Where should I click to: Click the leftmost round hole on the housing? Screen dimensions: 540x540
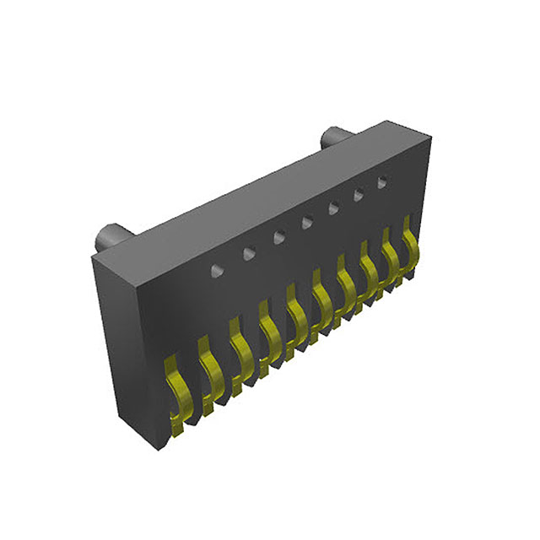pos(217,269)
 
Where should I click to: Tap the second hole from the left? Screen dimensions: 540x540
pos(248,252)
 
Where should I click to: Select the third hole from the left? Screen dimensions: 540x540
pos(278,237)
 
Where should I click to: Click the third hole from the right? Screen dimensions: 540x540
pos(332,208)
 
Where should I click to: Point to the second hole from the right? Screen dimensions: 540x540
pos(358,194)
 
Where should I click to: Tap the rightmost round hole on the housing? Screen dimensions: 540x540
pos(382,181)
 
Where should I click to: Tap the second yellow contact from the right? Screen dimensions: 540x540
pos(391,250)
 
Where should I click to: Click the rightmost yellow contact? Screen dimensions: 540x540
pos(411,239)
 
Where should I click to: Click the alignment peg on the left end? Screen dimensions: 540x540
pos(109,236)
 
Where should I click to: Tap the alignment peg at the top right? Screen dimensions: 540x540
pos(332,138)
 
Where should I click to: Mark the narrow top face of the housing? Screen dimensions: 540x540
pos(253,190)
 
